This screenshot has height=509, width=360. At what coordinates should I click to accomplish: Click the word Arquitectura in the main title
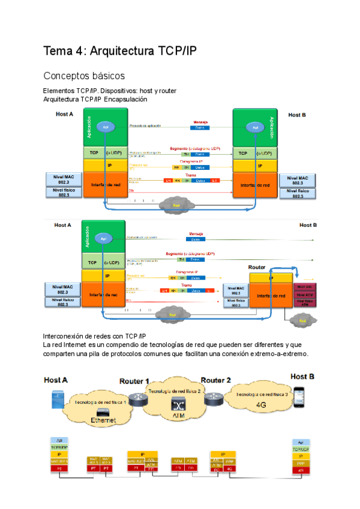[125, 52]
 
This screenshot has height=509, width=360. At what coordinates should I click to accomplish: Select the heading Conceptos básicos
[83, 76]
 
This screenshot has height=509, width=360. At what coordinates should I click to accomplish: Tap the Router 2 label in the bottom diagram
[215, 380]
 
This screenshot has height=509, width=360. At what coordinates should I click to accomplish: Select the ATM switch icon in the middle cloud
[178, 403]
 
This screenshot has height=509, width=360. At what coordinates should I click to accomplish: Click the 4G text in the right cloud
[261, 405]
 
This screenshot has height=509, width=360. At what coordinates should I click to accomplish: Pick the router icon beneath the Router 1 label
[139, 397]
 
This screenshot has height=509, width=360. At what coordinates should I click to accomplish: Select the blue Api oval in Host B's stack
[255, 128]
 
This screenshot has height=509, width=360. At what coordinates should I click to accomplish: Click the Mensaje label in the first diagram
[200, 122]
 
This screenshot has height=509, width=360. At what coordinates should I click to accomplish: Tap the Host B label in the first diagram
[297, 115]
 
